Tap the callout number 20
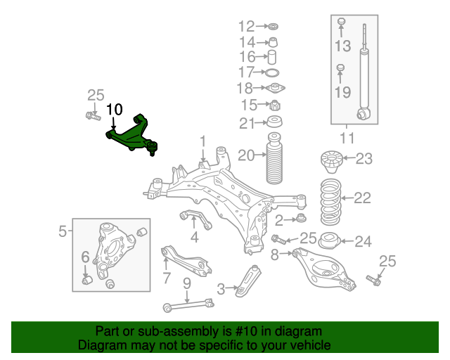[246, 155]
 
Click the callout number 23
[363, 158]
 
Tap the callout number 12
[246, 27]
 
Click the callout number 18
[245, 88]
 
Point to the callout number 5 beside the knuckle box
[62, 230]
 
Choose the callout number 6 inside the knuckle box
[85, 257]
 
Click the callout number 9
[186, 284]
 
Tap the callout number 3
[221, 288]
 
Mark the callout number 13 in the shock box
[342, 46]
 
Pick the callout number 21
[246, 124]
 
